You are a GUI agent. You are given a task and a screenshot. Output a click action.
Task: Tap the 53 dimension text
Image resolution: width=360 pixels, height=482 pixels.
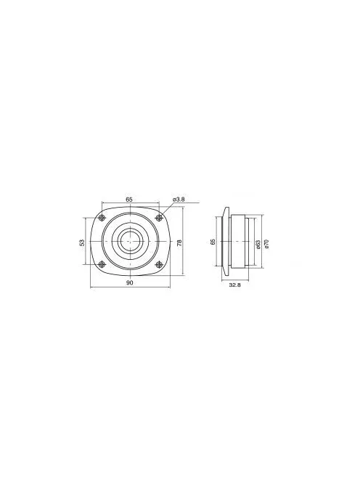82,242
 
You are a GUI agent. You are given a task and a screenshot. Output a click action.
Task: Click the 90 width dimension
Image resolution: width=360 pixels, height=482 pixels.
129,283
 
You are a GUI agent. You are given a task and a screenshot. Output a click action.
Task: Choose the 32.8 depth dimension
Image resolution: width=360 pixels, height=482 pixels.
234,286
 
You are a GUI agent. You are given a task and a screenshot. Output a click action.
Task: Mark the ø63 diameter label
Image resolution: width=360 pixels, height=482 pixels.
258,242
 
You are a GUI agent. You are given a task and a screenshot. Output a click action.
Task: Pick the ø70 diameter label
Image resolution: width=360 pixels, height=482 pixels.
268,242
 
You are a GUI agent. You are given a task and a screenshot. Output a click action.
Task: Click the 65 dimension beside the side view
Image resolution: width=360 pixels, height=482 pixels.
213,242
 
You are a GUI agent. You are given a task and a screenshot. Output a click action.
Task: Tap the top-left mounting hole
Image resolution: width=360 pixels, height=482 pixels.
102,218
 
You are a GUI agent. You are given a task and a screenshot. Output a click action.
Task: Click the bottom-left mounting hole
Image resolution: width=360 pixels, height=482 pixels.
102,265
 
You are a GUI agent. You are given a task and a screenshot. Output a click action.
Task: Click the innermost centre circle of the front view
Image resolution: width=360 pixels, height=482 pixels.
130,242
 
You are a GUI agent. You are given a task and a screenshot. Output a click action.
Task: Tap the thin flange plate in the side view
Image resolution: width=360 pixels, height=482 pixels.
226,242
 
